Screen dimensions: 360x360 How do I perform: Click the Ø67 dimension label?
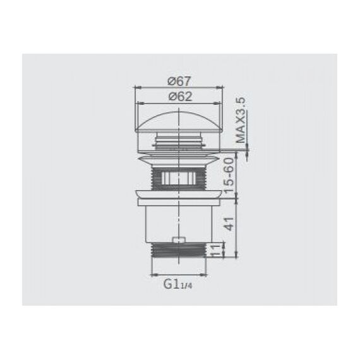click(x=179, y=81)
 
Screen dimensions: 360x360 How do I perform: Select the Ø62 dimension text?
click(x=180, y=97)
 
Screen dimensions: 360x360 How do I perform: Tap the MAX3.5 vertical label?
click(x=241, y=120)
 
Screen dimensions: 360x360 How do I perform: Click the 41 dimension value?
click(x=229, y=224)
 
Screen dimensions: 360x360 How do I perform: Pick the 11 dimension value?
click(x=215, y=250)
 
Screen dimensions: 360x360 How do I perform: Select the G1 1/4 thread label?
click(x=177, y=284)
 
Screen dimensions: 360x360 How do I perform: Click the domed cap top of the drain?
click(x=178, y=121)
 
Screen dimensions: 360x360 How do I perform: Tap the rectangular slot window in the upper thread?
click(x=178, y=177)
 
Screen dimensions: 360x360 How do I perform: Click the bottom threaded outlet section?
click(x=178, y=250)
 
